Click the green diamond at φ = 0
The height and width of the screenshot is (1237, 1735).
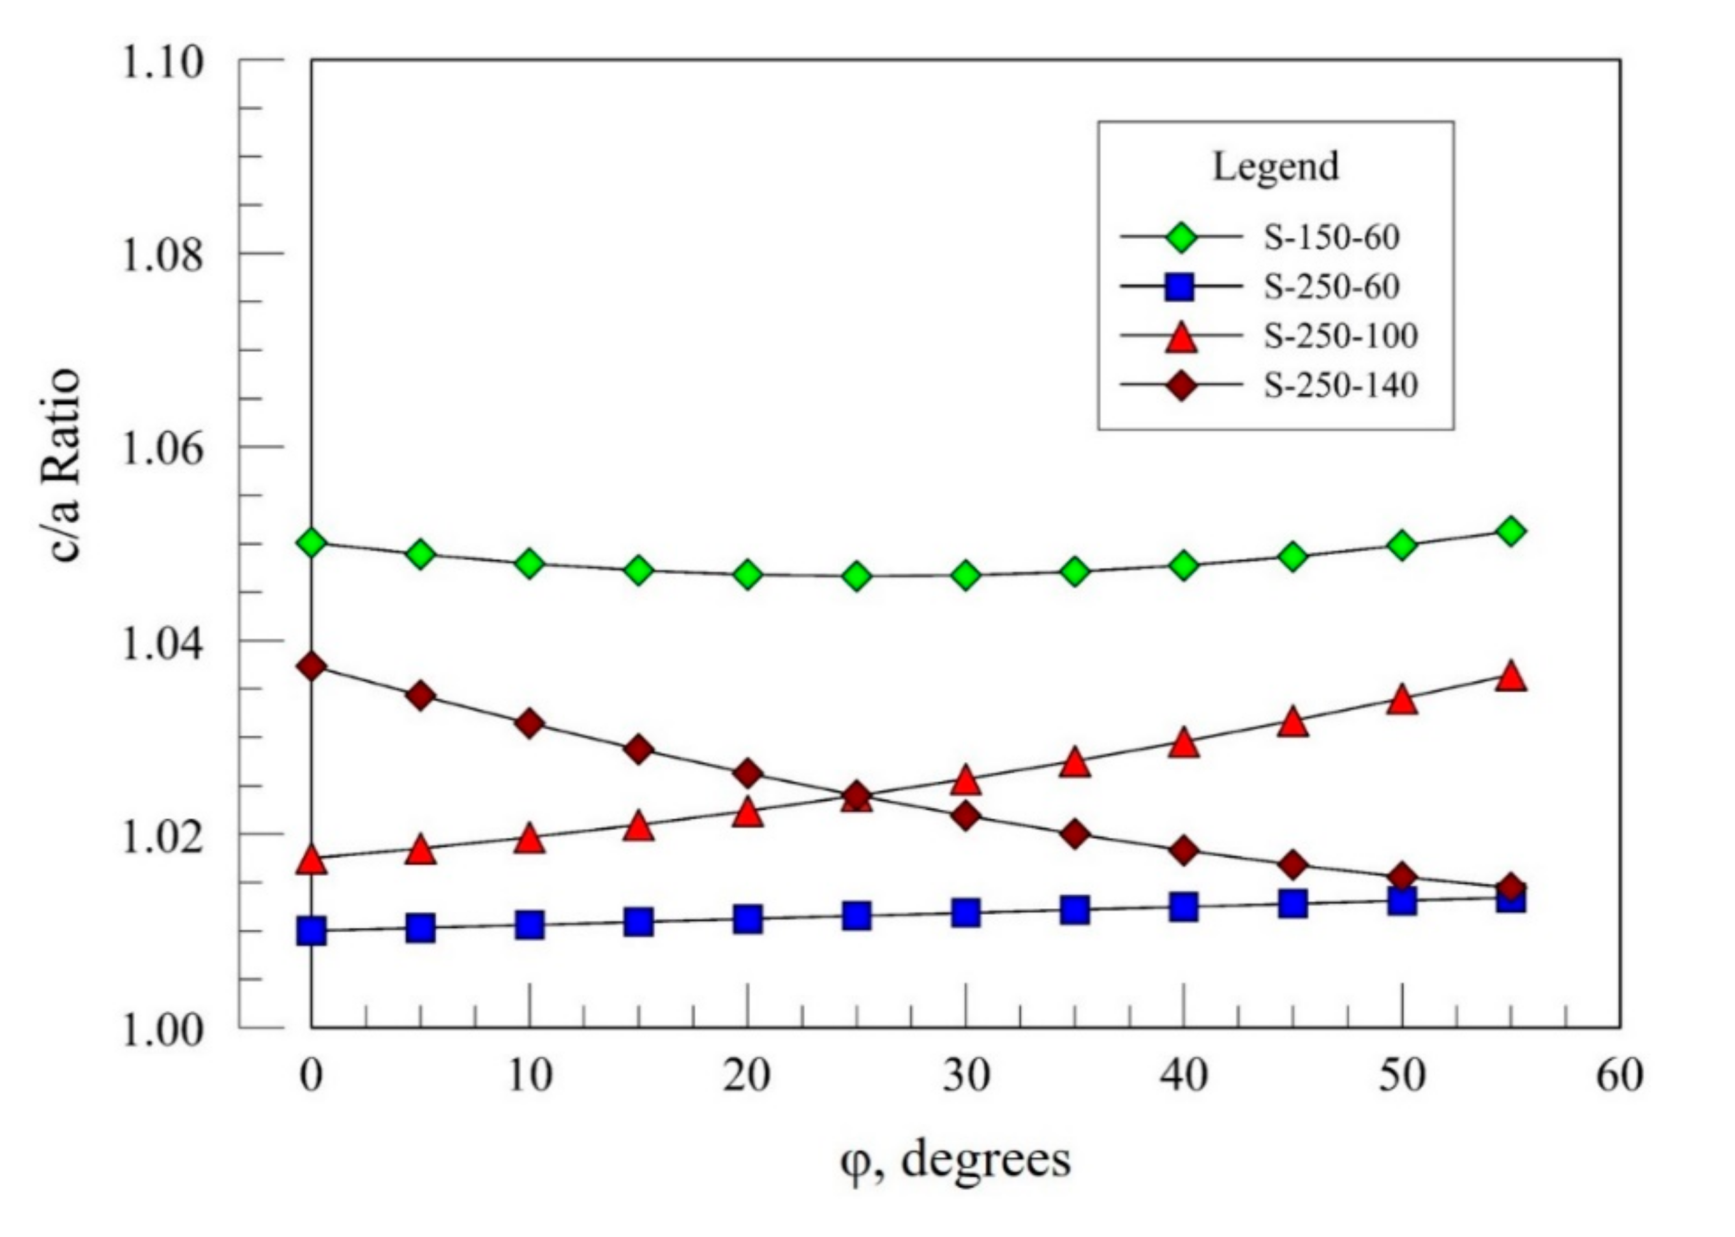tap(311, 543)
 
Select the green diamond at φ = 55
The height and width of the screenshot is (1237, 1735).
tap(1511, 532)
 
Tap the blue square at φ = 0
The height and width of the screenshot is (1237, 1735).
tap(311, 931)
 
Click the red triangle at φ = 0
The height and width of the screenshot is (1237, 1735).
tap(311, 861)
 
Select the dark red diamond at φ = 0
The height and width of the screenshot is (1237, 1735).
tap(311, 666)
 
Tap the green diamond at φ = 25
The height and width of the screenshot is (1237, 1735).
tap(857, 576)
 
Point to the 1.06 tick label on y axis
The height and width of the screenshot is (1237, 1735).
tap(164, 448)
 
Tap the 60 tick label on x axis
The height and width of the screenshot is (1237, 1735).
tap(1619, 1076)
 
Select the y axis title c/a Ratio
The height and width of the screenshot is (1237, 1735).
tap(65, 465)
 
